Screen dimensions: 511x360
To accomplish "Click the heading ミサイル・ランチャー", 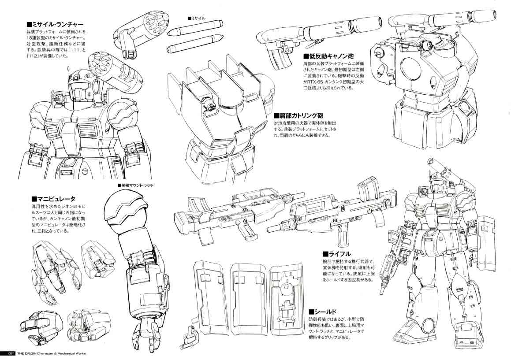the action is pyautogui.click(x=55, y=25).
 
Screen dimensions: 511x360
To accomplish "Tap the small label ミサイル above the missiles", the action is pyautogui.click(x=197, y=18).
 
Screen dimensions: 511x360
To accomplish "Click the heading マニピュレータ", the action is pyautogui.click(x=53, y=199).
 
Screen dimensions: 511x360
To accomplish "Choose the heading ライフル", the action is pyautogui.click(x=337, y=254).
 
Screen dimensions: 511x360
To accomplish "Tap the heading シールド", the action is pyautogui.click(x=323, y=312).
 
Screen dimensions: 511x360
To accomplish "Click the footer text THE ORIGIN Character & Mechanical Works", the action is pyautogui.click(x=51, y=353).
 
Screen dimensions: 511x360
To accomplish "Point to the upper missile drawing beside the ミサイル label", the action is pyautogui.click(x=195, y=28).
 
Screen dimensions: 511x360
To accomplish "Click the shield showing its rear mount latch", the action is pyautogui.click(x=286, y=298).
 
